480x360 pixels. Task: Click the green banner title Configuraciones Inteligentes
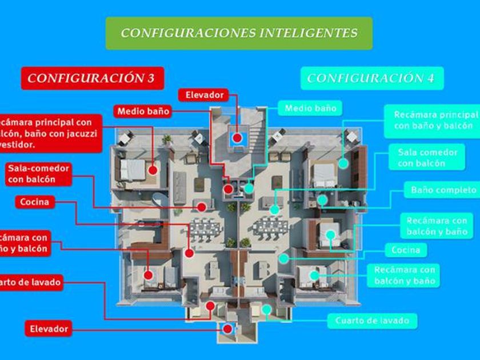click(x=239, y=33)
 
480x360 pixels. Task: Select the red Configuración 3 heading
click(x=92, y=78)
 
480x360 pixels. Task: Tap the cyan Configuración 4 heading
click(x=371, y=78)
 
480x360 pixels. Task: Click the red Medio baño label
click(x=143, y=111)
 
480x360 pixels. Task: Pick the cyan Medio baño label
click(x=310, y=108)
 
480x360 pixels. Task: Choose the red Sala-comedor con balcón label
click(x=39, y=174)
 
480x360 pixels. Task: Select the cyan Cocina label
click(x=406, y=250)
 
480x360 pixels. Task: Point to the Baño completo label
click(x=443, y=190)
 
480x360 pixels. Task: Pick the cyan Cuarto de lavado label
click(x=372, y=321)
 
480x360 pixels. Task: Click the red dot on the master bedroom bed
click(x=153, y=170)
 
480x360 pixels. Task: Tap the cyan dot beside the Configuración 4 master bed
click(x=343, y=163)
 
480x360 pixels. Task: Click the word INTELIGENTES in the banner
click(x=309, y=33)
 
